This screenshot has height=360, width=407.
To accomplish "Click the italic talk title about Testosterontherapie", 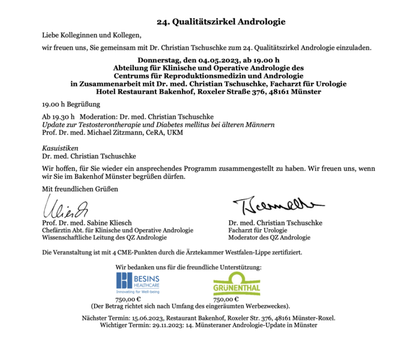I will (x=158, y=125).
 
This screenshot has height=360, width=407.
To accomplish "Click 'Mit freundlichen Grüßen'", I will (x=80, y=189).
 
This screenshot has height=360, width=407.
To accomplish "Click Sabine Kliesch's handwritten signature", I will (x=67, y=206).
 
